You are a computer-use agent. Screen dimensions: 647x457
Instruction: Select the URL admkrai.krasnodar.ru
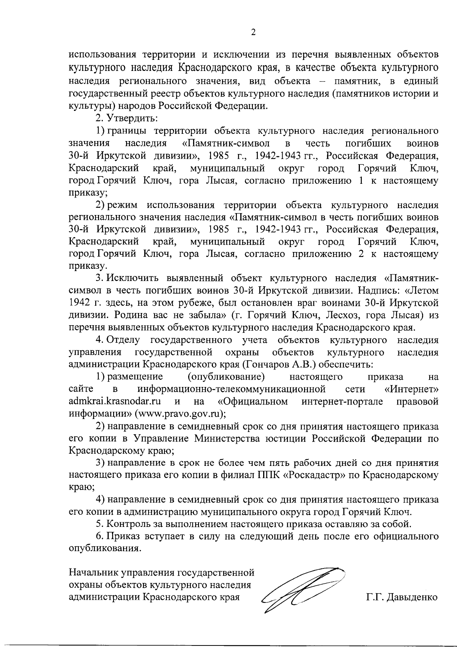[114, 401]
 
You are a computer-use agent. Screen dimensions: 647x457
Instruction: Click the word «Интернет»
[411, 389]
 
